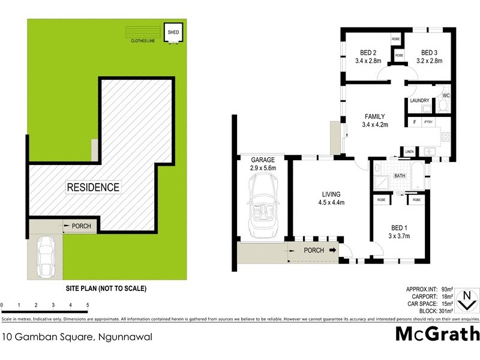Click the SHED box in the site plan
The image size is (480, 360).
tap(173, 32)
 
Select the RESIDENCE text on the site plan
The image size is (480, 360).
tap(92, 187)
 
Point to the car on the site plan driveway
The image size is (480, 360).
tap(46, 257)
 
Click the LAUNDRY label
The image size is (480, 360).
tap(419, 100)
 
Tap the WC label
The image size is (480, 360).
tap(445, 95)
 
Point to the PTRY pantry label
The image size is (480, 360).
tap(428, 122)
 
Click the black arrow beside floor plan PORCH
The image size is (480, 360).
tap(332, 251)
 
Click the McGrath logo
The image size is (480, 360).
tap(437, 334)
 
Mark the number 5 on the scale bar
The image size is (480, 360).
tap(88, 305)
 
